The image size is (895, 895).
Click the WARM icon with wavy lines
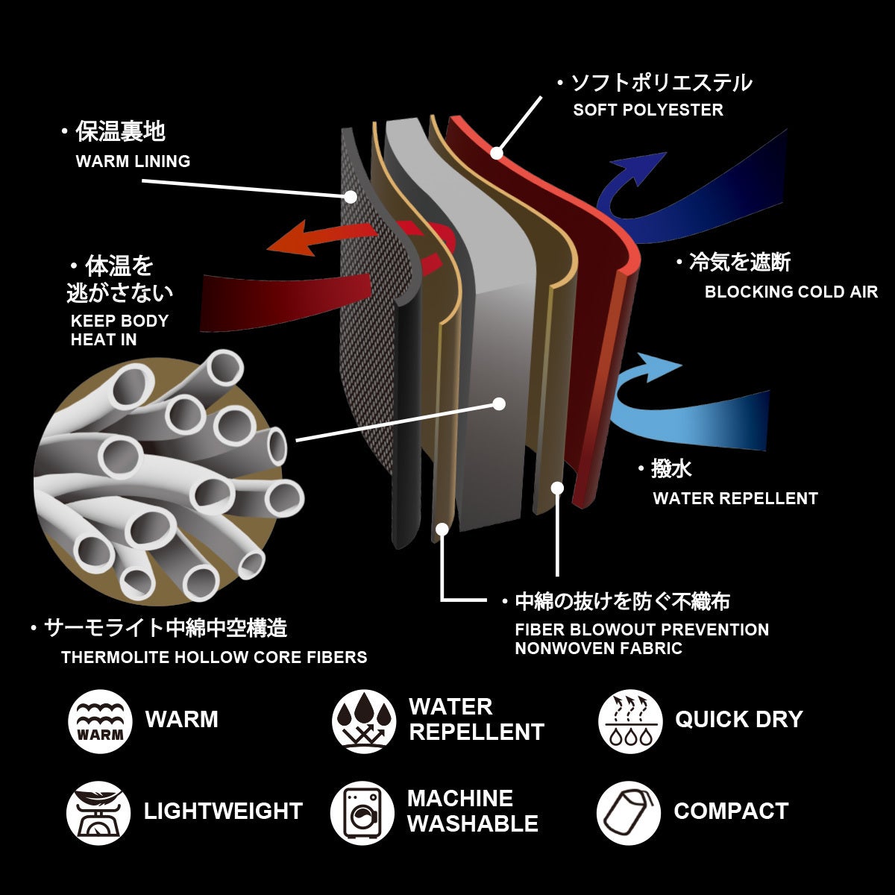tap(101, 721)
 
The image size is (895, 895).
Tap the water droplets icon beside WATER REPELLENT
tap(364, 721)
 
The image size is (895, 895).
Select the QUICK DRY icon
tap(630, 721)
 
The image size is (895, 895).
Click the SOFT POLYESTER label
tap(648, 110)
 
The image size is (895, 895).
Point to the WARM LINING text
tap(133, 161)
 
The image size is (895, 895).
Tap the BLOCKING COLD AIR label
tap(791, 292)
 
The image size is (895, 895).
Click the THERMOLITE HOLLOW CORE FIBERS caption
tap(214, 657)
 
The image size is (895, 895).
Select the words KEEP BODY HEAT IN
tap(119, 330)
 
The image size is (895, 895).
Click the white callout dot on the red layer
tap(497, 154)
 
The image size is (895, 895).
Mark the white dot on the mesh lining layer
tap(351, 197)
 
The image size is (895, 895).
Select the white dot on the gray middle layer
tap(499, 403)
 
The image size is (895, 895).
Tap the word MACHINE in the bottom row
tap(460, 798)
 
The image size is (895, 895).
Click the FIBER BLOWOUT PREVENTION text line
tap(641, 629)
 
